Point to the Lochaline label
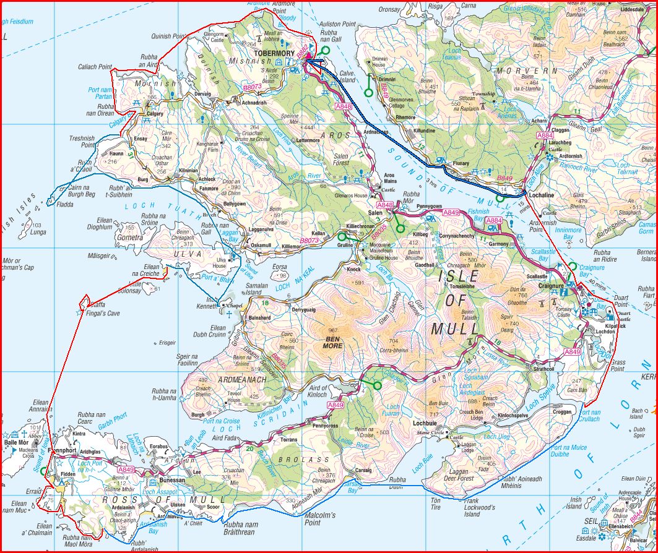coord(542,194)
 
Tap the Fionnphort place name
coord(63,451)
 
